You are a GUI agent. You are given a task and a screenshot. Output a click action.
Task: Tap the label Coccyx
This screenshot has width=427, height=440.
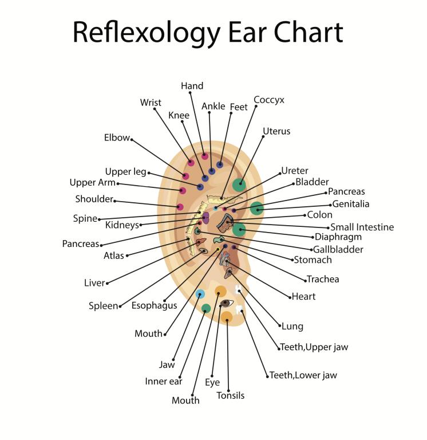269,100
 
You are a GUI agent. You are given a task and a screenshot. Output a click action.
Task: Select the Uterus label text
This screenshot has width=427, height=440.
276,131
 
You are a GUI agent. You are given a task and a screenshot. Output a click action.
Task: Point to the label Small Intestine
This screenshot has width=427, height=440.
362,227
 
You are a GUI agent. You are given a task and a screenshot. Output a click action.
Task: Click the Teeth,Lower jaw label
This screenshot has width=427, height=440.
303,375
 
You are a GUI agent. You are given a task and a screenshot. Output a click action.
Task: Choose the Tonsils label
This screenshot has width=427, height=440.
231,395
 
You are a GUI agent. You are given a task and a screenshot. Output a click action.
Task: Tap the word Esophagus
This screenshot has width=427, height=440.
154,305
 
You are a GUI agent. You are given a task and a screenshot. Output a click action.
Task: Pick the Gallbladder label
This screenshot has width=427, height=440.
338,249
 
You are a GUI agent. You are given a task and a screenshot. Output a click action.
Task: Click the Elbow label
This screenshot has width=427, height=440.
117,138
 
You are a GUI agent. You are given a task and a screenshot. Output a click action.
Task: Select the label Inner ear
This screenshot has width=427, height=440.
163,381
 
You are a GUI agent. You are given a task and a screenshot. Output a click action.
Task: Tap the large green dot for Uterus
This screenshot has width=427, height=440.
239,184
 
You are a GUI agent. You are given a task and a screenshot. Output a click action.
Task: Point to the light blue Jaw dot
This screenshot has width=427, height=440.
200,294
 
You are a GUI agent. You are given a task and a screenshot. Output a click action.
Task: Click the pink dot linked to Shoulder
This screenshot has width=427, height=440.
180,207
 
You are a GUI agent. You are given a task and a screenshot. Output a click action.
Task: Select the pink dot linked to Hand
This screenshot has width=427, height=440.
205,156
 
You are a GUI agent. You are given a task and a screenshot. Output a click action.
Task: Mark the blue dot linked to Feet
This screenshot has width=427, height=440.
220,164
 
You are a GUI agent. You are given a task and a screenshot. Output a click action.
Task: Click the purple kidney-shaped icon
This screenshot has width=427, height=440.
205,218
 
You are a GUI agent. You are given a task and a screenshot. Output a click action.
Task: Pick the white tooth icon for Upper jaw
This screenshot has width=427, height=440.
238,290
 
